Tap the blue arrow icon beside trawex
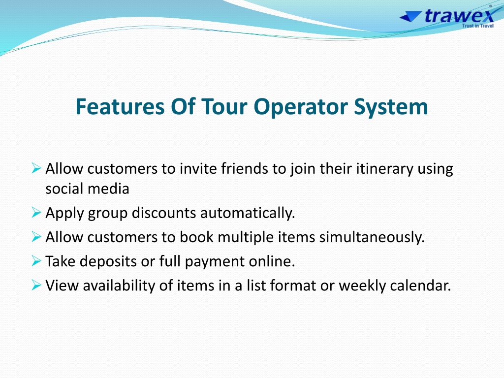[410, 16]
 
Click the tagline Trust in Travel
[477, 26]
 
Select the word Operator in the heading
[301, 107]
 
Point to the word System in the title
[391, 107]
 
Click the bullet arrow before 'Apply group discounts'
[36, 213]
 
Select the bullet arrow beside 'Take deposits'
[36, 261]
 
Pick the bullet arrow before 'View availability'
[36, 285]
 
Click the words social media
[87, 189]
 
